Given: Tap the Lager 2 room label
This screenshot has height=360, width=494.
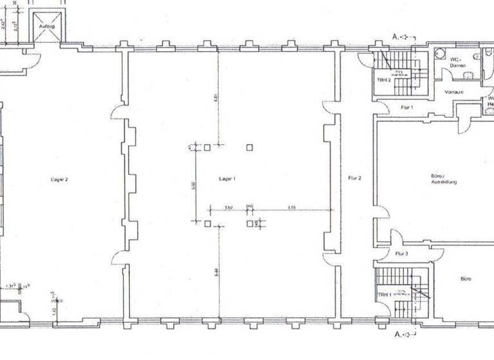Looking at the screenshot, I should click(x=58, y=179).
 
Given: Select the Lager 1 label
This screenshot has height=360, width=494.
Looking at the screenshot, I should click(x=227, y=178).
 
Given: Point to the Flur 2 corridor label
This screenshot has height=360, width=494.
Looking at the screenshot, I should click(x=354, y=177).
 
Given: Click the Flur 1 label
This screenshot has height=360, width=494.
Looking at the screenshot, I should click(x=407, y=107).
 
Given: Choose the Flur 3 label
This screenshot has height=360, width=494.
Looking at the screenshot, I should click(x=402, y=254).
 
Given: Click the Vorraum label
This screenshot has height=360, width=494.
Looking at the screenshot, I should click(x=454, y=92).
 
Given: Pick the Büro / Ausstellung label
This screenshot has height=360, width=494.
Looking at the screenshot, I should click(x=443, y=179).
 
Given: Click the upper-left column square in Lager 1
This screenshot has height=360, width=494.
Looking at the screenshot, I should click(x=207, y=147).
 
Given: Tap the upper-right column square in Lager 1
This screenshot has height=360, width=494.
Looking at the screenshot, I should click(x=250, y=147).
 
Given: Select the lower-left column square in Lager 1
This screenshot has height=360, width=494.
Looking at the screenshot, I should click(x=207, y=224).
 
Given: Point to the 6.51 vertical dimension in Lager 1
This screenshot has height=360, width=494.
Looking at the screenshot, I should click(x=215, y=98).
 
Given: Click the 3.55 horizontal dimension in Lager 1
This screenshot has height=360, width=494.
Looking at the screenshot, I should click(x=291, y=207).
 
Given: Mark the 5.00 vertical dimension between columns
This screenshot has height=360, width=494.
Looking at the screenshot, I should click(x=193, y=185).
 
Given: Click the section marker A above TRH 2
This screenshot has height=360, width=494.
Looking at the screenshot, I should click(x=396, y=37).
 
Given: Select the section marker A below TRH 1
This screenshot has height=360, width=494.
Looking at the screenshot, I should click(x=396, y=334).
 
